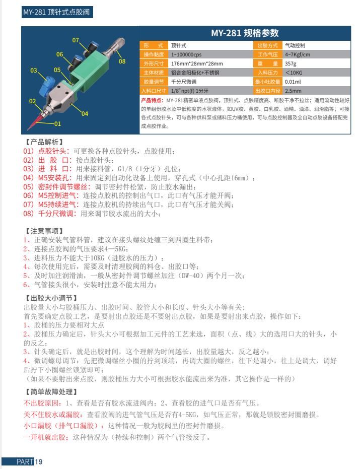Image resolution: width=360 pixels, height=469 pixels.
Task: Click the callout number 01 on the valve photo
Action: [x=57, y=123]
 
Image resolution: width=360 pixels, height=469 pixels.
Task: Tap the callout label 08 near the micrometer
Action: [x=122, y=61]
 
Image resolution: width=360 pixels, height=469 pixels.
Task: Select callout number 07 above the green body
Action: [x=76, y=40]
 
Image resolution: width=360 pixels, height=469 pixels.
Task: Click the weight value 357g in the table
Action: [x=291, y=63]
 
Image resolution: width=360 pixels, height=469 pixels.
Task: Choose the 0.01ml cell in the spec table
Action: [x=293, y=82]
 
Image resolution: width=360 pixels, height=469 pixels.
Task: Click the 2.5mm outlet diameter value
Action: [x=293, y=91]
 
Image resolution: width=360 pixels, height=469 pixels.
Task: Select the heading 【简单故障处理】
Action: [x=51, y=391]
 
